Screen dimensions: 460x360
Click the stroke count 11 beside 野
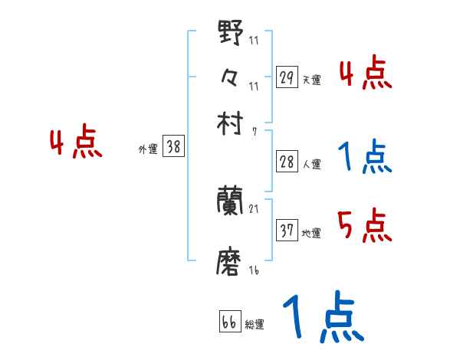254,40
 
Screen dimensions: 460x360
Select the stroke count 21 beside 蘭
255,208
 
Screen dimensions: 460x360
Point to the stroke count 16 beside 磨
255,270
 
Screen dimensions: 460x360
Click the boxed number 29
287,77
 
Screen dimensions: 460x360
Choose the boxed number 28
287,162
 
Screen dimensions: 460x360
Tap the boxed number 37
287,231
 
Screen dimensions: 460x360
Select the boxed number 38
173,147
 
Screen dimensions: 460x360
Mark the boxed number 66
229,322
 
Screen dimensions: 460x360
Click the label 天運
311,80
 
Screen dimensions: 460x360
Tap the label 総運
254,325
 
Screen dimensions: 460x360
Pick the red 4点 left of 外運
75,143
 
